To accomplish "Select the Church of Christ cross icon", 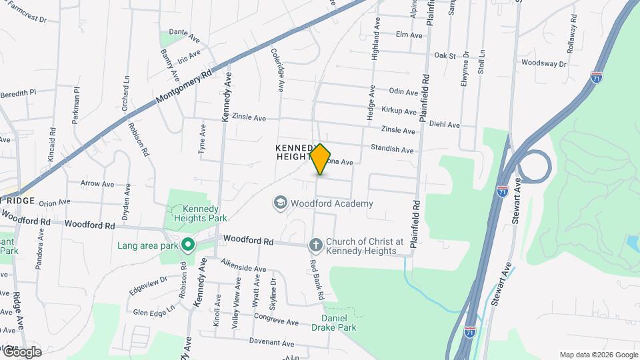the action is [x=316, y=246].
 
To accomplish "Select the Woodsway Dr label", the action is [x=543, y=64].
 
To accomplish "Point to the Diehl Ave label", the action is [x=445, y=125].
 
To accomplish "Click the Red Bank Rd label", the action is [x=315, y=278].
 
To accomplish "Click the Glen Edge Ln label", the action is [x=153, y=312].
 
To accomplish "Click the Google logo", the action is [x=21, y=351].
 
